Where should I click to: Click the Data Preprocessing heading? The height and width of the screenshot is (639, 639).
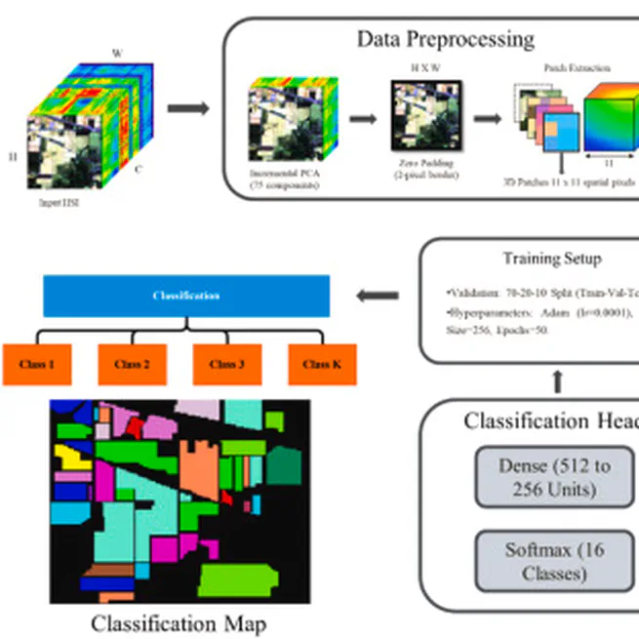click(445, 39)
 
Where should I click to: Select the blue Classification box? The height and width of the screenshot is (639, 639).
click(186, 296)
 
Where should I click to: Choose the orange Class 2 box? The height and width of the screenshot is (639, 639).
click(132, 364)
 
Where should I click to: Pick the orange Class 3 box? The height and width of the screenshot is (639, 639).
click(226, 364)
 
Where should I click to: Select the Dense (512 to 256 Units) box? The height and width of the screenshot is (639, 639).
click(554, 477)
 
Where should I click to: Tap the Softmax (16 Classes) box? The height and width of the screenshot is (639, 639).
click(554, 561)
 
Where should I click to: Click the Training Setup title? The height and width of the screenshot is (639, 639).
click(551, 259)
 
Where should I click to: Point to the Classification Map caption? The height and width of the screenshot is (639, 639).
click(178, 622)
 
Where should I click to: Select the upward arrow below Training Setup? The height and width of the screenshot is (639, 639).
click(557, 380)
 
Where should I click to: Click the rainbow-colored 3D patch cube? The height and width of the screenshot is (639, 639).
click(610, 115)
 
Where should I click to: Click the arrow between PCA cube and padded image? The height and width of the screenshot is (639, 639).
click(364, 118)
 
